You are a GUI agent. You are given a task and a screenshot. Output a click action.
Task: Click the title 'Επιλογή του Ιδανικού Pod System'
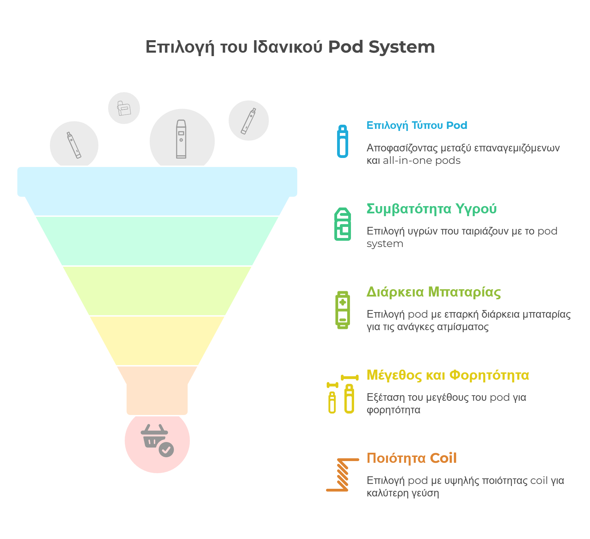[290, 47]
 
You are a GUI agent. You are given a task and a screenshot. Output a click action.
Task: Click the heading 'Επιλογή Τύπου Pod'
[417, 125]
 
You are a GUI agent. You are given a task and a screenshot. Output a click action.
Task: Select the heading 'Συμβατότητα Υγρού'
[432, 209]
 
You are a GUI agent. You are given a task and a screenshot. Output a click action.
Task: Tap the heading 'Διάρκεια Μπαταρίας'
[434, 292]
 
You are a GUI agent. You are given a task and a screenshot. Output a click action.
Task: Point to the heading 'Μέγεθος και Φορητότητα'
[448, 375]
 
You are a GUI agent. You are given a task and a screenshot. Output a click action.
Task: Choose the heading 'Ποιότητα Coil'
[412, 458]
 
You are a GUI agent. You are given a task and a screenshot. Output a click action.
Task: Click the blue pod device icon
[343, 141]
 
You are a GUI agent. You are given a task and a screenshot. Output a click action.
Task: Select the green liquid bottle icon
[343, 224]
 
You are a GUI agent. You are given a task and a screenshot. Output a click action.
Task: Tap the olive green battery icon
[343, 310]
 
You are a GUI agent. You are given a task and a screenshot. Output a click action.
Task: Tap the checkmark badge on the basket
[166, 450]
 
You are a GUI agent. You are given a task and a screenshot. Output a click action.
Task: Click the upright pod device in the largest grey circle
[181, 139]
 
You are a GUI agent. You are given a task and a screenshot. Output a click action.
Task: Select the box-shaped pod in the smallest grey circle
[124, 108]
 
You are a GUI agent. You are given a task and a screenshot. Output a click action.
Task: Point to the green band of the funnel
[157, 241]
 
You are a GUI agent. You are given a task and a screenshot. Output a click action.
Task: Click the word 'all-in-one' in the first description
[408, 161]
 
